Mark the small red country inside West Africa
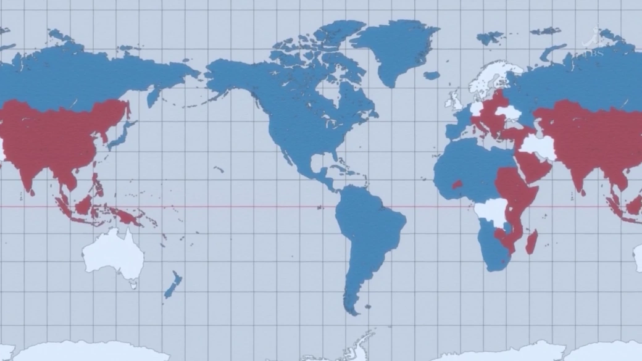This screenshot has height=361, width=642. (457, 184)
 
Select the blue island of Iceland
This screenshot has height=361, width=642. (431, 75)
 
